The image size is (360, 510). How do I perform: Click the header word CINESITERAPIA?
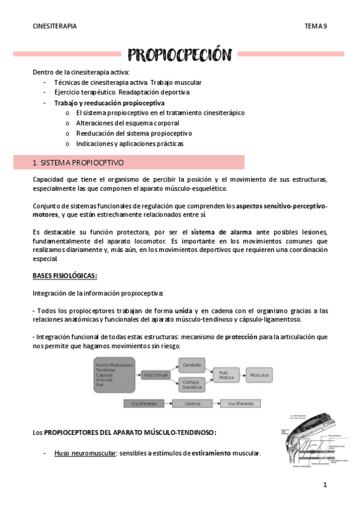[x=55, y=26]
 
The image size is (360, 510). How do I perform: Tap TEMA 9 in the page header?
[x=316, y=26]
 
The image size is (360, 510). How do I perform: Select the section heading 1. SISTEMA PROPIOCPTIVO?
[x=78, y=162]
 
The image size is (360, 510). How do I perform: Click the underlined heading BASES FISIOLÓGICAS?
[x=65, y=275]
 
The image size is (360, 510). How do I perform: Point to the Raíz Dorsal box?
[x=157, y=375]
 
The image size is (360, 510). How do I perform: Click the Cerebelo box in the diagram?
[x=192, y=364]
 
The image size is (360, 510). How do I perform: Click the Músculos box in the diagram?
[x=260, y=375]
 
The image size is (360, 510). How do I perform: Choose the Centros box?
[x=192, y=404]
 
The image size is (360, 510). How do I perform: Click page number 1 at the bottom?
[x=324, y=484]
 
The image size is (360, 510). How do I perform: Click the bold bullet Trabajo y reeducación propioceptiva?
[x=109, y=103]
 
